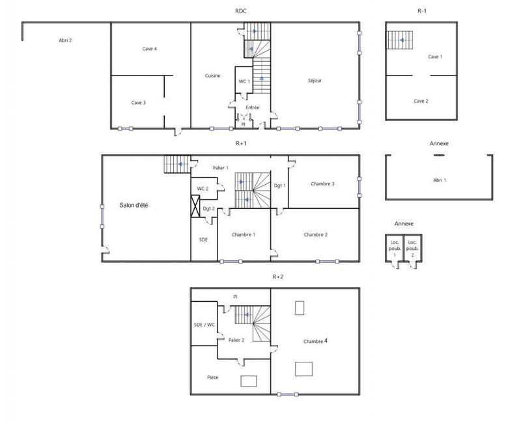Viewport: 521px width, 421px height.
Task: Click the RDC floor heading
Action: click(241, 11)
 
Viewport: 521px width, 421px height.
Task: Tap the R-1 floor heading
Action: click(423, 11)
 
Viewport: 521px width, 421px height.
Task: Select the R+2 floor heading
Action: click(277, 277)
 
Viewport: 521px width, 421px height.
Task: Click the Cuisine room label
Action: click(212, 75)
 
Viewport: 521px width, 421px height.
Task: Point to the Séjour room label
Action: click(315, 81)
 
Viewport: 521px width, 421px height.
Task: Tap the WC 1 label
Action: click(244, 81)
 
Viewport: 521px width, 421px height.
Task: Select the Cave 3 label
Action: click(138, 102)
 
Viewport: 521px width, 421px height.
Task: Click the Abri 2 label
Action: click(65, 40)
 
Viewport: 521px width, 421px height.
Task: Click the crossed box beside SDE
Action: click(195, 206)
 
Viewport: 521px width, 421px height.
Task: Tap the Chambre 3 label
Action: click(322, 183)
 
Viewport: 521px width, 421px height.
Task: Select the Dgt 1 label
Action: click(280, 185)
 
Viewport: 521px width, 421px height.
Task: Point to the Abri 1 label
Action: click(440, 180)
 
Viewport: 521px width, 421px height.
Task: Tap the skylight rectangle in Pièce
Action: click(249, 381)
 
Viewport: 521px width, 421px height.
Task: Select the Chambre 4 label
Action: click(315, 341)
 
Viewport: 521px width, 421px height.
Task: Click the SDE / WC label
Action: click(204, 325)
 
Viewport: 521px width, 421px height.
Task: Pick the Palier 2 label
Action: click(236, 340)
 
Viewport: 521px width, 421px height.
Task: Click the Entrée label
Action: click(253, 107)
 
